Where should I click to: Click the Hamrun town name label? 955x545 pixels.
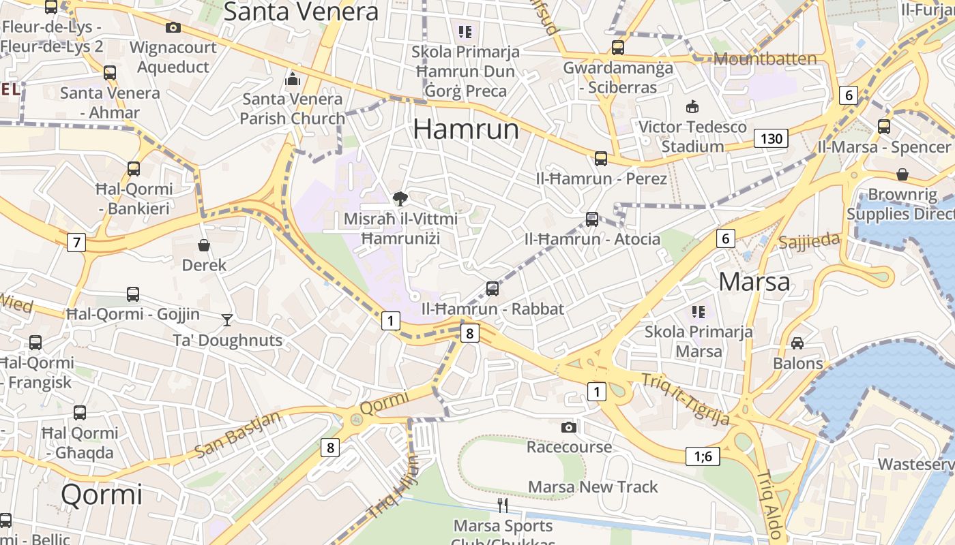[x=466, y=129]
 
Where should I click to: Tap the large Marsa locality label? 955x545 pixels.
[x=754, y=281]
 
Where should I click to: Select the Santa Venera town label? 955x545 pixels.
[x=301, y=12]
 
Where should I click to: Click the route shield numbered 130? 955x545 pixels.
[x=771, y=139]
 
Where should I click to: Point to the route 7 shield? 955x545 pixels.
[x=76, y=242]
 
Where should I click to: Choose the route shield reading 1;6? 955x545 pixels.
[x=703, y=456]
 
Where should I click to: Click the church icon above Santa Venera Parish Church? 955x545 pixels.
[x=293, y=79]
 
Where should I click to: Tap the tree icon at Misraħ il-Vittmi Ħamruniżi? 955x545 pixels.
[x=400, y=199]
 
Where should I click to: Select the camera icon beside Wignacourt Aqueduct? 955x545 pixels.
[x=173, y=28]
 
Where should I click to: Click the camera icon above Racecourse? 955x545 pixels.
[x=569, y=428]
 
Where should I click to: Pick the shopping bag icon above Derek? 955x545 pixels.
[x=203, y=245]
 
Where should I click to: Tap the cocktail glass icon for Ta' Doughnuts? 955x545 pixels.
[x=227, y=320]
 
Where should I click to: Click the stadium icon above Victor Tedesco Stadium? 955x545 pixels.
[x=692, y=107]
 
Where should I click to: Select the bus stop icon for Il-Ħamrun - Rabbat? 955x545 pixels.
[x=493, y=289]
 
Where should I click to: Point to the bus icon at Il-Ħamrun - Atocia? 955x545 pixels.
[x=592, y=219]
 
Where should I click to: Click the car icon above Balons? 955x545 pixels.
[x=797, y=343]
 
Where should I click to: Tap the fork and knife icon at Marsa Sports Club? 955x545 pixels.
[x=503, y=505]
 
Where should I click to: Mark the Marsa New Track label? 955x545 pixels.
[x=593, y=487]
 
